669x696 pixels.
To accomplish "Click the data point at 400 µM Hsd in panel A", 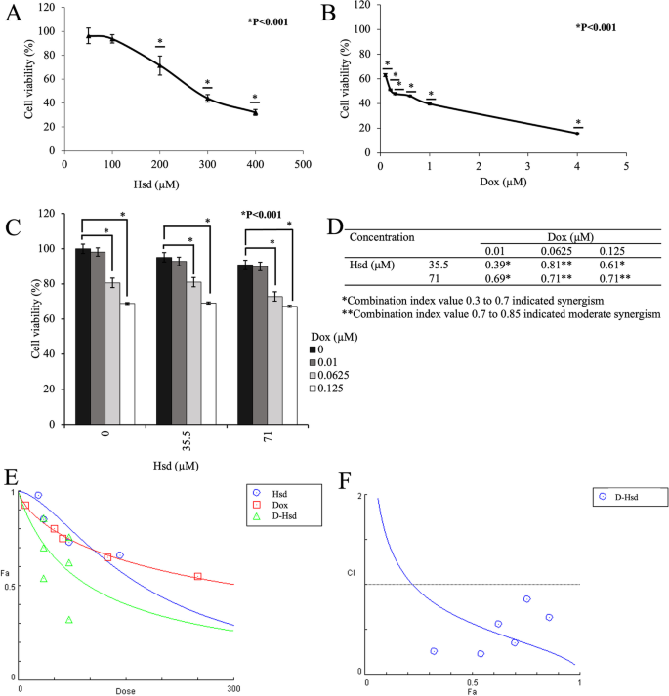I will (x=255, y=112).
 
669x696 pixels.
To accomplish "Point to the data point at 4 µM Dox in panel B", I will (x=577, y=133).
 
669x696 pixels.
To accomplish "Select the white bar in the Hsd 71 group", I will (x=290, y=365).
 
